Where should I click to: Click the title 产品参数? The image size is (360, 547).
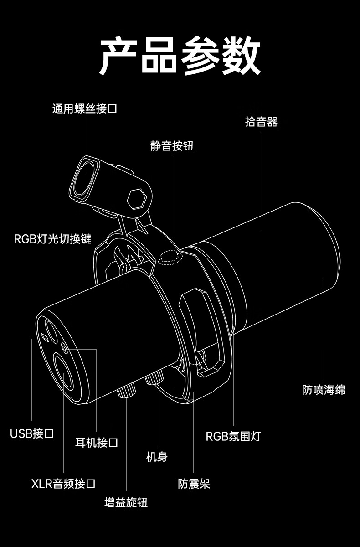tap(180, 57)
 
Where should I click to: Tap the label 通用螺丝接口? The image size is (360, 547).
tap(84, 109)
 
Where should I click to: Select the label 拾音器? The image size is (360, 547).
tap(261, 122)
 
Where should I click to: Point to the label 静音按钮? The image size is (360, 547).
tap(172, 146)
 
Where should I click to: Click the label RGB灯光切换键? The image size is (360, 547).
tap(53, 238)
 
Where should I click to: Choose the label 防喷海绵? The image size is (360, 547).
tap(324, 390)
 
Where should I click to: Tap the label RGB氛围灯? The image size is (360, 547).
tap(233, 436)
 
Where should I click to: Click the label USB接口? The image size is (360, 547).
tap(32, 433)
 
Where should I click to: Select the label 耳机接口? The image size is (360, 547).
tap(97, 442)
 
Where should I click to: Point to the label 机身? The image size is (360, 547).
tap(157, 457)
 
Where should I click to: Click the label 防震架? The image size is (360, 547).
tap(194, 484)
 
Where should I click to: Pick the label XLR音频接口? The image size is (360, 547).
tap(63, 484)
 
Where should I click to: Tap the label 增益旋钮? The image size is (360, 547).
tap(126, 503)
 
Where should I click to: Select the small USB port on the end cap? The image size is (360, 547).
tap(44, 337)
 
